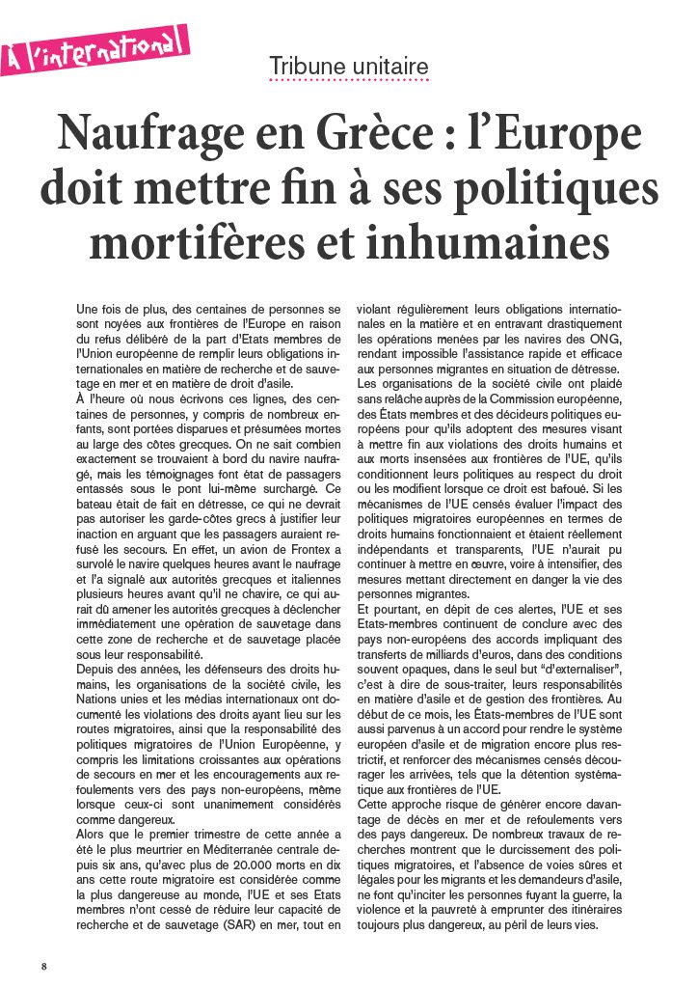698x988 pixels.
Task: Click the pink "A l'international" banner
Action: click(94, 49)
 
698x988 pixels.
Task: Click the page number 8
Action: click(43, 966)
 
